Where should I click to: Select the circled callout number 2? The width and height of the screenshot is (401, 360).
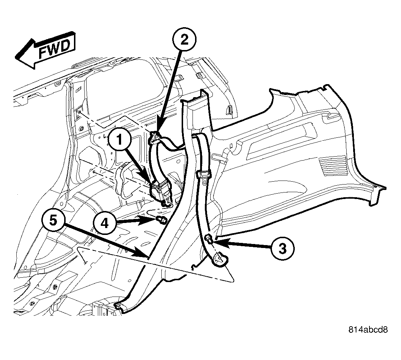click(x=184, y=40)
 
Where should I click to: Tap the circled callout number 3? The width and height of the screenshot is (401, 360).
click(x=282, y=248)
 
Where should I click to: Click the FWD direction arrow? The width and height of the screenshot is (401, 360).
click(x=46, y=50)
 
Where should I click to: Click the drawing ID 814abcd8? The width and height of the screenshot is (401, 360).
click(x=368, y=330)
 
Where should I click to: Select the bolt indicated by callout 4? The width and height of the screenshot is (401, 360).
click(x=161, y=219)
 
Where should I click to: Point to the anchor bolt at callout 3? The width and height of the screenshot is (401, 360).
click(x=209, y=238)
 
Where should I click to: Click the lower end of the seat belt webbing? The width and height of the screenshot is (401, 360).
click(x=219, y=259)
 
